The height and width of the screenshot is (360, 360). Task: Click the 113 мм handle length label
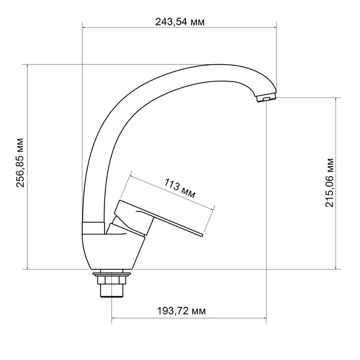click(x=180, y=189)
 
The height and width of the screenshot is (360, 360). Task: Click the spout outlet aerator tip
click(x=266, y=98)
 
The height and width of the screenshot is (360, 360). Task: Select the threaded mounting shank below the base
click(x=112, y=289)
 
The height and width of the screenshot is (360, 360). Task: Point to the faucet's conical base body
click(x=108, y=252)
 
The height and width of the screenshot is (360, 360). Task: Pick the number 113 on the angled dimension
click(x=172, y=185)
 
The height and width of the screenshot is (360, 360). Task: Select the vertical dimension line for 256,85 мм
click(x=27, y=216)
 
